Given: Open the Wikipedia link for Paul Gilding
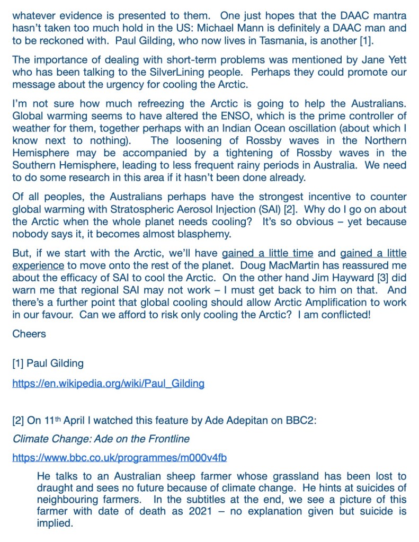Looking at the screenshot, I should [109, 384].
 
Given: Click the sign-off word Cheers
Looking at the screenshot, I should [29, 334].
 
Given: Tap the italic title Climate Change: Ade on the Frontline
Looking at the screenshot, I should [101, 439].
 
